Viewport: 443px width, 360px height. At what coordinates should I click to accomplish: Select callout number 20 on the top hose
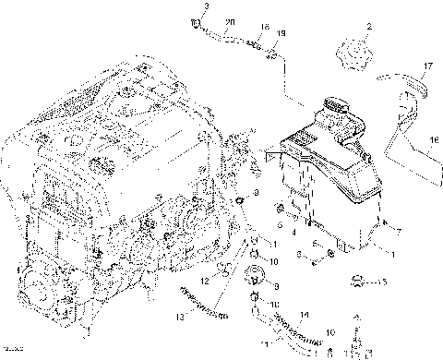coord(230,21)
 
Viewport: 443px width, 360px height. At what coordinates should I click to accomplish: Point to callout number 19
coord(281,33)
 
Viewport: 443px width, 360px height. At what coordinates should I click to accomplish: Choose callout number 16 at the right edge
coord(431,140)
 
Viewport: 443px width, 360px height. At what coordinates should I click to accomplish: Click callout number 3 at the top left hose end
coord(207,6)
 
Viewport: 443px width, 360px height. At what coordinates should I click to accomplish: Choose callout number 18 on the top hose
coord(263,29)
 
